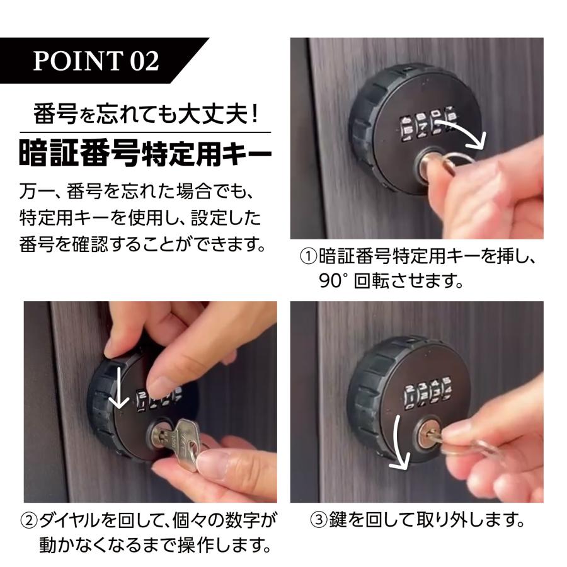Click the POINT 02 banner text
96,60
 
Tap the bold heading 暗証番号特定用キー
145,155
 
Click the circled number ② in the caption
29,521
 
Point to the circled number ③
319,520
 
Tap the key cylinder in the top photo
429,164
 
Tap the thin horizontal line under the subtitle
145,132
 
